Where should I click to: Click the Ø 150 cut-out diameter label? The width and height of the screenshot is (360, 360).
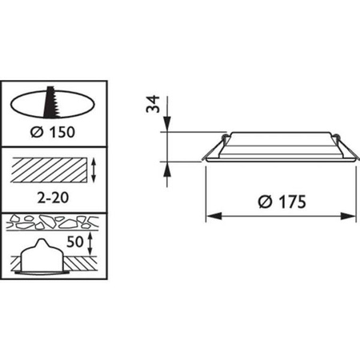tap(53, 132)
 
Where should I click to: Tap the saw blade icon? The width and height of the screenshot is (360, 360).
tap(52, 102)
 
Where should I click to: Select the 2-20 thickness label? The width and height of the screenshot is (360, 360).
tap(53, 198)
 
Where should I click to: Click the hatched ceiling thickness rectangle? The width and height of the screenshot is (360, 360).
tap(49, 170)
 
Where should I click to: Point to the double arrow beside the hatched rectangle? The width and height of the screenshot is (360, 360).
tap(94, 170)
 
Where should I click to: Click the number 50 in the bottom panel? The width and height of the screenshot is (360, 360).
tap(74, 242)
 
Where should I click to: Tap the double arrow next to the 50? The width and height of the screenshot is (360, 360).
tap(90, 243)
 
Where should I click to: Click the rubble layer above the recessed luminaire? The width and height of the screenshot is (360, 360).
tap(53, 222)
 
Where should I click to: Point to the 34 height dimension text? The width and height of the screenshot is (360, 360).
tap(154, 104)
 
